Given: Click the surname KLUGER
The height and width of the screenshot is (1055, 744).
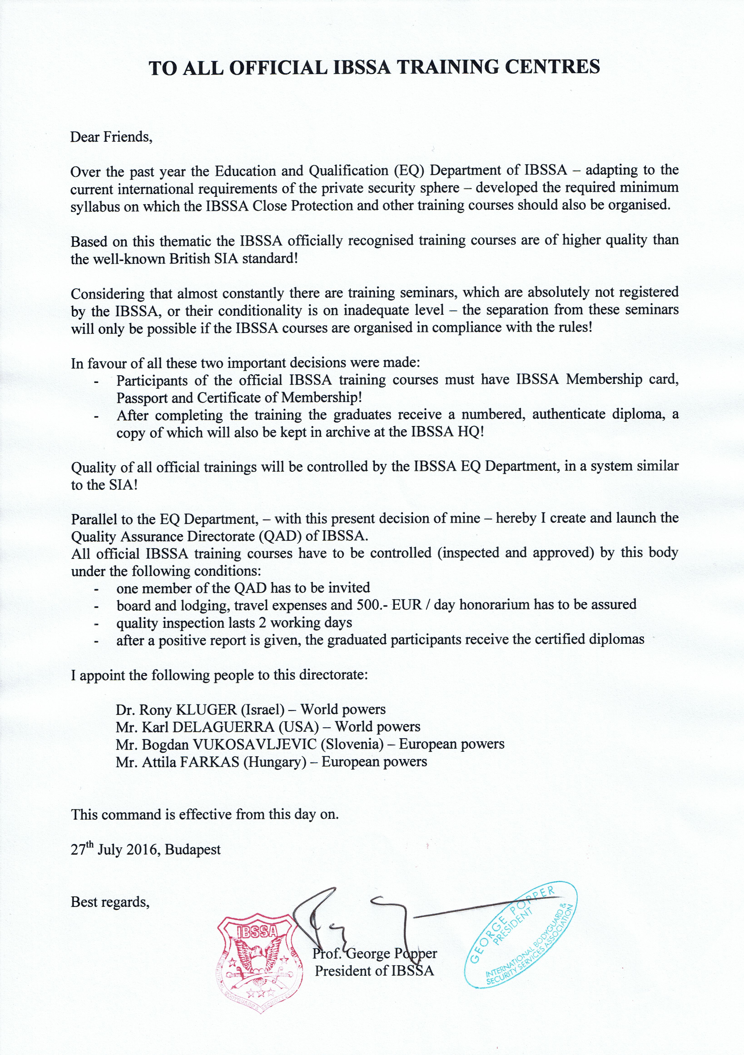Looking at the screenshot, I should (206, 710).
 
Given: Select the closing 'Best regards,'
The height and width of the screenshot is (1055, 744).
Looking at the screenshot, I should (110, 902).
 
